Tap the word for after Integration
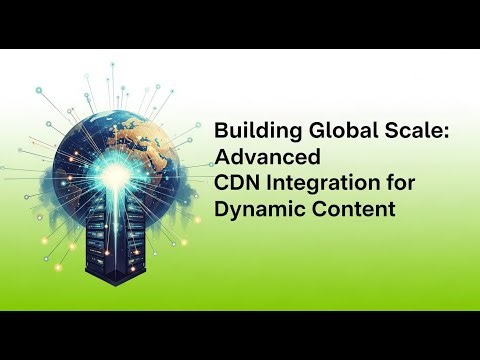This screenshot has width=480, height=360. coord(393,184)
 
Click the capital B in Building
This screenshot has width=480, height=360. coord(222,133)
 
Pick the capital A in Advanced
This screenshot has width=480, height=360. coord(224,158)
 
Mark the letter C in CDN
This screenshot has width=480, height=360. coord(223,184)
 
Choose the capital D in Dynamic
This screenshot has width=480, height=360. coord(223,210)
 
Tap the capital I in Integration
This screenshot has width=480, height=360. coord(269,184)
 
